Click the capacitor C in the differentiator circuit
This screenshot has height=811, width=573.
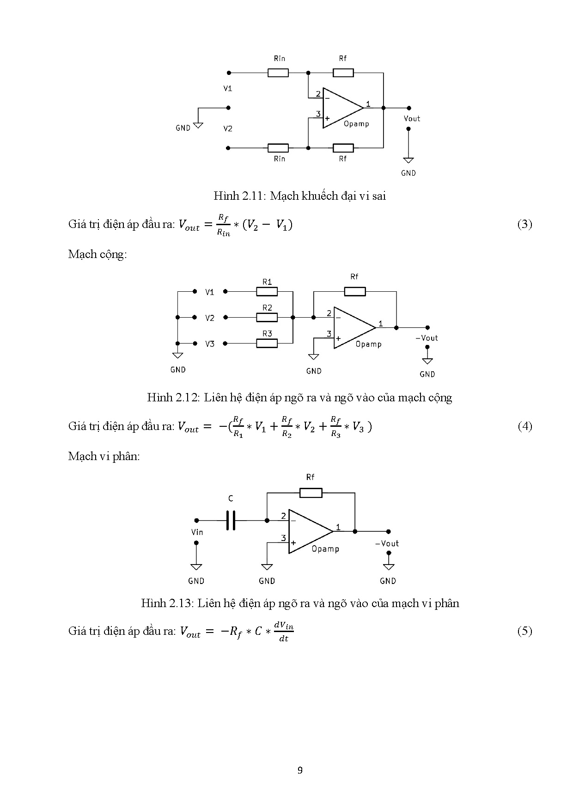(231, 520)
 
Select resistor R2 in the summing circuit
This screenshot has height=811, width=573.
(267, 318)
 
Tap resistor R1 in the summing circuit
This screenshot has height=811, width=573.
(267, 291)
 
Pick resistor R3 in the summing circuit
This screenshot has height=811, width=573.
(267, 344)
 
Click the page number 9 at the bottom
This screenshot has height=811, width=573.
(300, 770)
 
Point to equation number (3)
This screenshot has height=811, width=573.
(524, 225)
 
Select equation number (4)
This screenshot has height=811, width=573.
(524, 426)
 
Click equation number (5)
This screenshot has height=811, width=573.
(524, 631)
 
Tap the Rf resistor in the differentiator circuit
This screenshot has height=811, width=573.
(311, 493)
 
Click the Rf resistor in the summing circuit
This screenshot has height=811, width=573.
(355, 291)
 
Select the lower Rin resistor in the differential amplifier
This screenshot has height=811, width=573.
(278, 148)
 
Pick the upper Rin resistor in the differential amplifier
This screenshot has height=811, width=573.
(278, 73)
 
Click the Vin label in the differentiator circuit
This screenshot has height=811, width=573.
(197, 532)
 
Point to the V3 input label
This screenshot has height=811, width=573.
(210, 344)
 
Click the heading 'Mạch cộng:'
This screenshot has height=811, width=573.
(98, 254)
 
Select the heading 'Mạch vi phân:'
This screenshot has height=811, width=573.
(104, 456)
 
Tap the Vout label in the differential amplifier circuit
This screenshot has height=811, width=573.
(412, 118)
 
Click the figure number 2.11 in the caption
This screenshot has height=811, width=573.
(252, 196)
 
